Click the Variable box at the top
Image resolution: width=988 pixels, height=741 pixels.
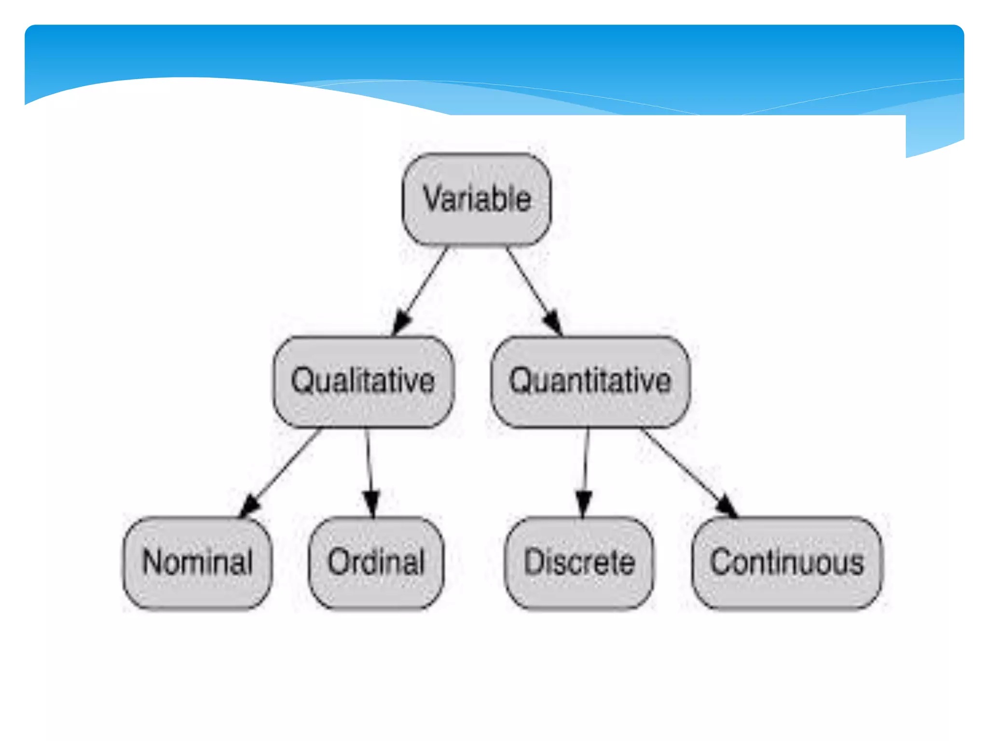pos(477,199)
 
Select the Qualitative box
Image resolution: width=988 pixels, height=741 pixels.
pos(363,381)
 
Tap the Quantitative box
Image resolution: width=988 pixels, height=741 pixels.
pos(590,381)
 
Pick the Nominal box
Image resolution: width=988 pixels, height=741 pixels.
pos(197,563)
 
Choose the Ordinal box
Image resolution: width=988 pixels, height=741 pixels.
pos(376,563)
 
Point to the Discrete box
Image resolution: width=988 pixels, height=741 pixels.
pos(579,563)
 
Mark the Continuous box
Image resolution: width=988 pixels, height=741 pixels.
pos(787,563)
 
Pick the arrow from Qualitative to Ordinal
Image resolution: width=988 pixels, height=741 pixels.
pos(369,463)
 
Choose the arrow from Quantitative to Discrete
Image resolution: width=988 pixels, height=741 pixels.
pos(586,463)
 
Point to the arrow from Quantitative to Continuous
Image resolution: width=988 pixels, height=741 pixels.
pos(685,468)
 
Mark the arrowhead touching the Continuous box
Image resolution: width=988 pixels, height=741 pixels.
pos(726,506)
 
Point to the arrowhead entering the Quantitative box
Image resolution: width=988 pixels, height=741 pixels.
pos(553,321)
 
